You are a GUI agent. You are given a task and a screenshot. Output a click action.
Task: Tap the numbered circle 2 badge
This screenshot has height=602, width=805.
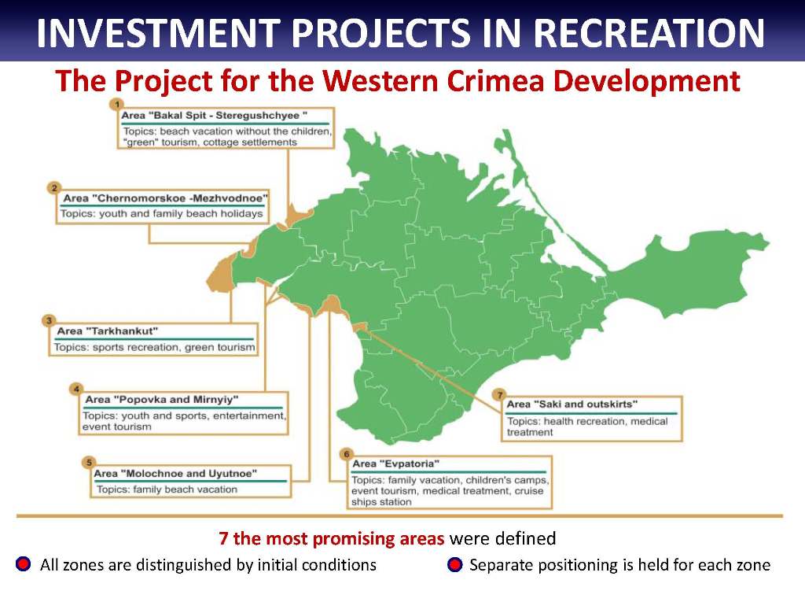tap(54, 188)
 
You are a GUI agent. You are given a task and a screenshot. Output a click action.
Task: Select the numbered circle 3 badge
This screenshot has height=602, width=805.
tap(49, 321)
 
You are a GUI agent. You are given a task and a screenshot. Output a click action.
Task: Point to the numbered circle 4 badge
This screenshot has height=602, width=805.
tap(76, 389)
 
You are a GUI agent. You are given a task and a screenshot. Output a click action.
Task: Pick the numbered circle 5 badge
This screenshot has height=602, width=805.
tap(89, 463)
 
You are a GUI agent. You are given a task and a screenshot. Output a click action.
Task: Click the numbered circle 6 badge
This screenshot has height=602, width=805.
tap(347, 454)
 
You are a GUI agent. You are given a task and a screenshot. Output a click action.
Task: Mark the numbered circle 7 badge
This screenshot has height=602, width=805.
tap(499, 395)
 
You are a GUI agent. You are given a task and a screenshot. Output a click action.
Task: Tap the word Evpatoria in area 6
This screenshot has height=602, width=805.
tap(409, 464)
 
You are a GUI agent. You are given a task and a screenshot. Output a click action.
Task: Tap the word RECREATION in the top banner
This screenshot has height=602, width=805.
tap(649, 32)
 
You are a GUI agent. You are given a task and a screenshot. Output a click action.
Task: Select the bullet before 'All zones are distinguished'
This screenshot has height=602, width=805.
tap(23, 564)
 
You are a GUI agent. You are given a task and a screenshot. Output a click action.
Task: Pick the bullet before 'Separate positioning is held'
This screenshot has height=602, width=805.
tap(455, 564)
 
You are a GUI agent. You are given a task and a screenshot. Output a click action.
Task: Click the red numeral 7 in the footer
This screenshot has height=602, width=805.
tap(223, 539)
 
